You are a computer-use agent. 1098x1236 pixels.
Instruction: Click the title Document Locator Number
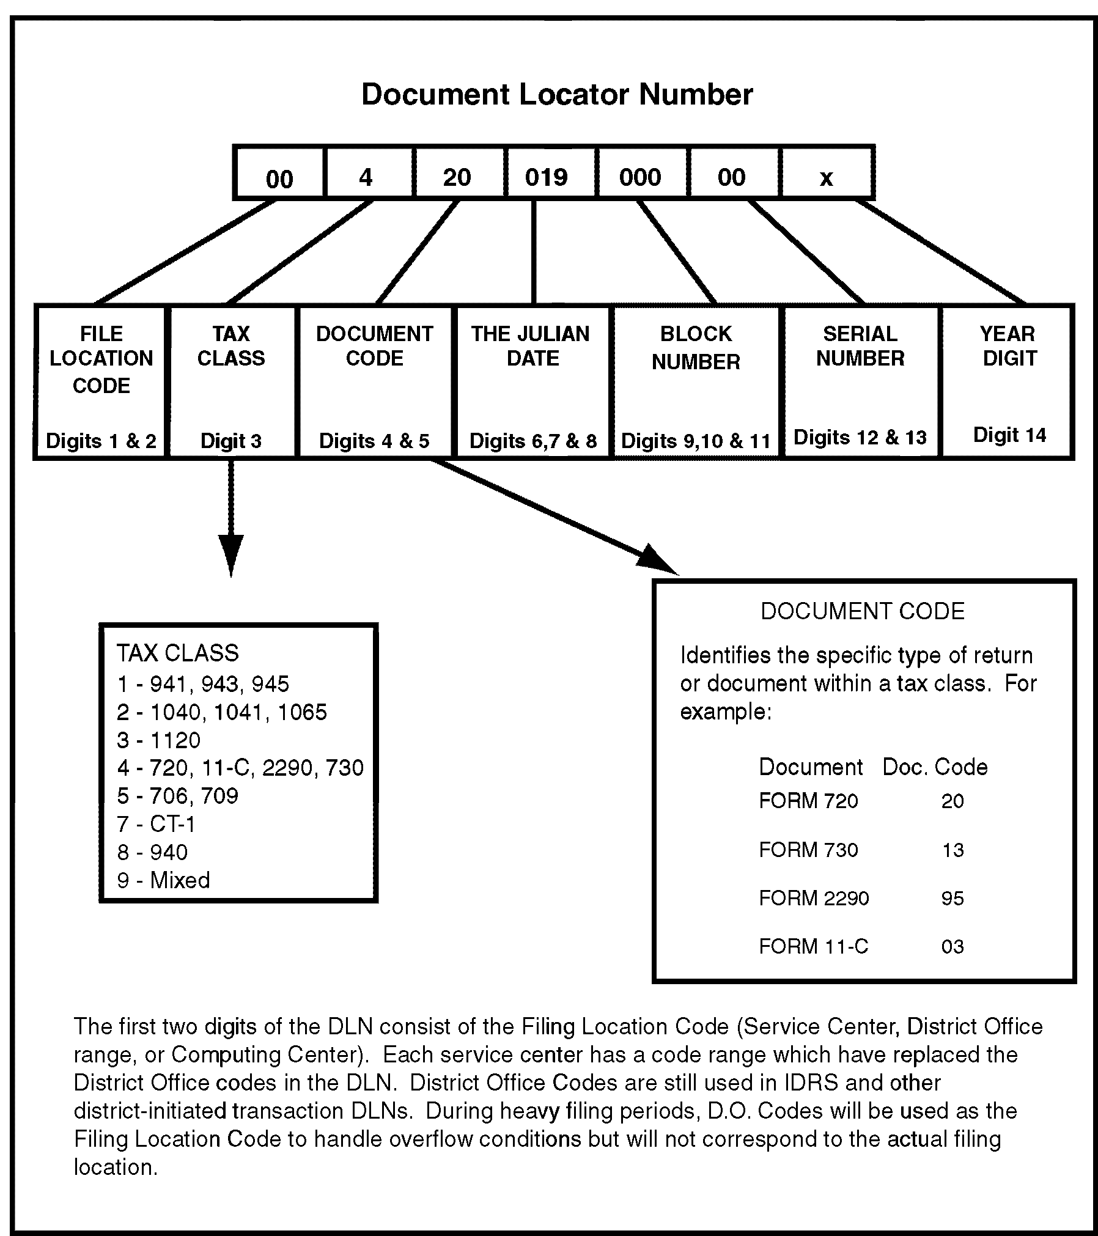556,95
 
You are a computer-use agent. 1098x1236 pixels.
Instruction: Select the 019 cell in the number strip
547,177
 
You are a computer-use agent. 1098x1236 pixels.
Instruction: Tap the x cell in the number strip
826,178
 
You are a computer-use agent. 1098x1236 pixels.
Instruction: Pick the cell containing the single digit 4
366,177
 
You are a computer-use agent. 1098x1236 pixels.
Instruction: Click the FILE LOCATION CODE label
101,359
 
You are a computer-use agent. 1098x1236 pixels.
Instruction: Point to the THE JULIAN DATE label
531,346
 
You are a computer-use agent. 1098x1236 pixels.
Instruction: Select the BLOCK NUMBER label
696,348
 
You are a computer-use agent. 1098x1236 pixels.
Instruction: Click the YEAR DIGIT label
1009,346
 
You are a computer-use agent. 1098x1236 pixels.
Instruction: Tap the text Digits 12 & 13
860,437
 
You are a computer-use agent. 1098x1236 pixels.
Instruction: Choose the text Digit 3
231,441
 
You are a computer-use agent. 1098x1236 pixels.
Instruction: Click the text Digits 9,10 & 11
696,441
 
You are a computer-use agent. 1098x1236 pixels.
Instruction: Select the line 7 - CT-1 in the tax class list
157,824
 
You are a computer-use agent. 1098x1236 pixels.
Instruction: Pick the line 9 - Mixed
164,880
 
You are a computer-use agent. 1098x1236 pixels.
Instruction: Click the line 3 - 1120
159,740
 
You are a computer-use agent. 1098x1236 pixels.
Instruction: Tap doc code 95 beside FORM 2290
952,898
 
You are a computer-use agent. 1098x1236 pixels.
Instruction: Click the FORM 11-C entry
813,946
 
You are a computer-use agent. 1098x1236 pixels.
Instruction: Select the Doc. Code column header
935,767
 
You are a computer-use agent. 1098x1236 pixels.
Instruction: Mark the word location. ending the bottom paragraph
116,1168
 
